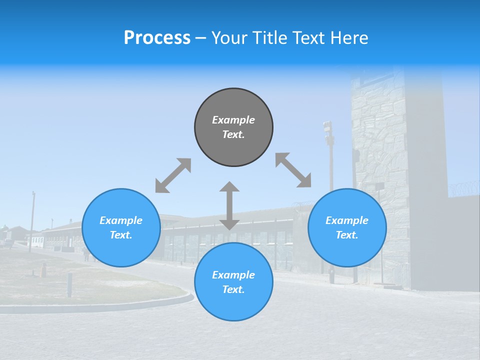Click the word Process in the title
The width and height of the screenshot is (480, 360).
[x=157, y=38]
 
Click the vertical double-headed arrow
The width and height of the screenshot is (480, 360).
[x=229, y=206]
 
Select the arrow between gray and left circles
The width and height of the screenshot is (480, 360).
[x=173, y=175]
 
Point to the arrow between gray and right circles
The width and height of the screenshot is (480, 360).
[x=293, y=170]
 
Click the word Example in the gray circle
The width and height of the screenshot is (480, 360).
[x=233, y=120]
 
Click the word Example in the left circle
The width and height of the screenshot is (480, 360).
[x=121, y=220]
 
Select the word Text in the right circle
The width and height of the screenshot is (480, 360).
[x=346, y=235]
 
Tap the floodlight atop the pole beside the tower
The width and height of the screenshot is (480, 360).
[x=327, y=127]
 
